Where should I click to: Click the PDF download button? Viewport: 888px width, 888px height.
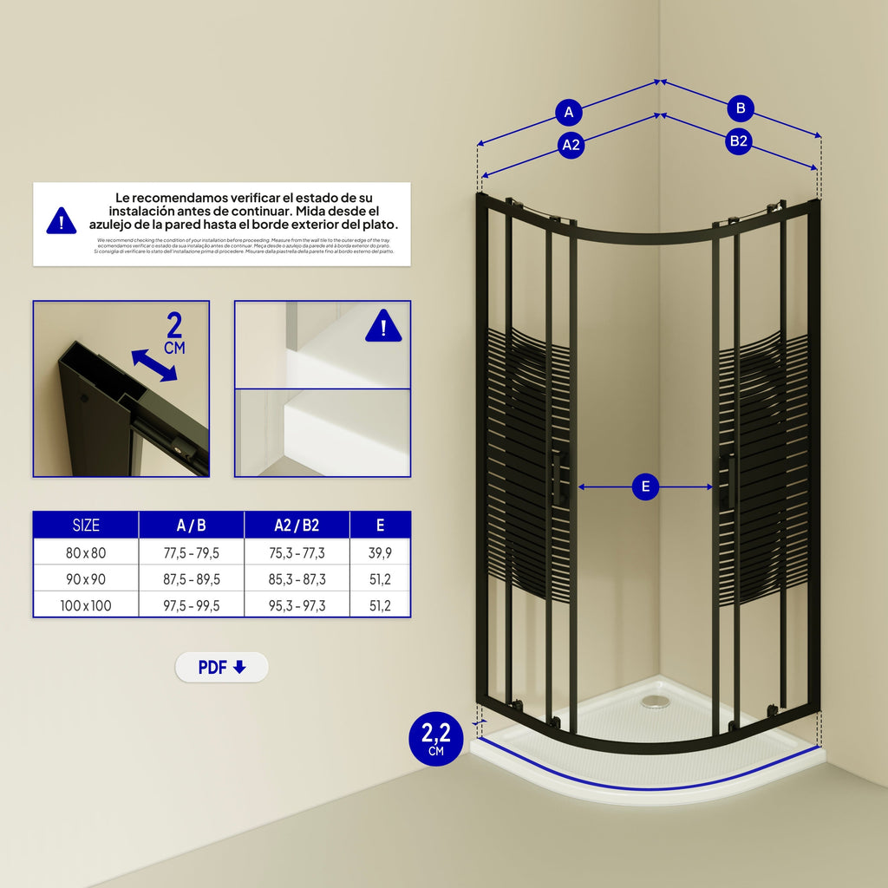click(x=222, y=667)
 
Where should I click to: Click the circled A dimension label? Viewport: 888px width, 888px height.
click(x=569, y=112)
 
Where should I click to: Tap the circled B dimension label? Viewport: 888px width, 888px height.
click(x=740, y=108)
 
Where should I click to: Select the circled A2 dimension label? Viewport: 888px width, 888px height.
click(x=570, y=145)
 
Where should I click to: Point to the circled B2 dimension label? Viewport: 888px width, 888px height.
click(x=738, y=140)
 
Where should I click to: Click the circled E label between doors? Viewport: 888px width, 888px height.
click(x=644, y=486)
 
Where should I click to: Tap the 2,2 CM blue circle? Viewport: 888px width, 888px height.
click(x=435, y=738)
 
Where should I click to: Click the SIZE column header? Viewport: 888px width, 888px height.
click(x=86, y=525)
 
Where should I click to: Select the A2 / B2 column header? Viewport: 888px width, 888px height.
click(x=297, y=525)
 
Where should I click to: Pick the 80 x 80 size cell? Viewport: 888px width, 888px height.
click(x=86, y=552)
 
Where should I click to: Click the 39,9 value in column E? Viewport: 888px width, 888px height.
click(x=380, y=552)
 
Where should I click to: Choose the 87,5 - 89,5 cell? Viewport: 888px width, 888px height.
click(x=191, y=579)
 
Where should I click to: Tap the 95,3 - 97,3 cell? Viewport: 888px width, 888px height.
click(x=297, y=605)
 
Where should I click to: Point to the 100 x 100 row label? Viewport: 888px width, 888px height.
click(x=86, y=605)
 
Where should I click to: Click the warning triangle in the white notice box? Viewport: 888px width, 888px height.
click(x=61, y=221)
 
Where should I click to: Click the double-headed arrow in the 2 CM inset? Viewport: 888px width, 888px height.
click(x=153, y=365)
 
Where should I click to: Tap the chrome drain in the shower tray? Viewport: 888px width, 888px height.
click(x=655, y=701)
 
